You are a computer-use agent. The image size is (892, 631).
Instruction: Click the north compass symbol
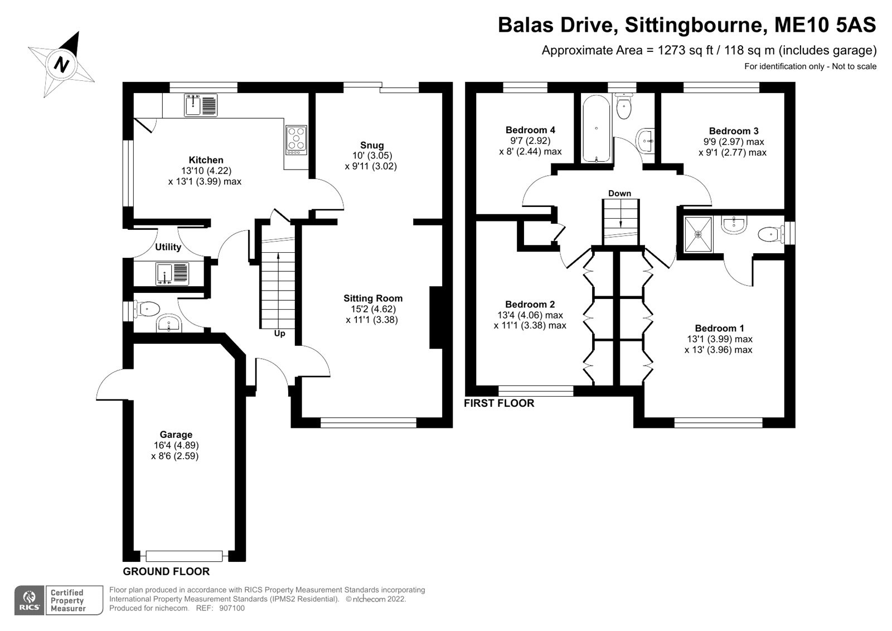tap(61, 65)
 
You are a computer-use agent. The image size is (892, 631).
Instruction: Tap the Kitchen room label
tap(206, 160)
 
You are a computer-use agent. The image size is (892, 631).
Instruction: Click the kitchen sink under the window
tap(201, 105)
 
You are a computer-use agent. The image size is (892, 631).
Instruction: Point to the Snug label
tap(371, 145)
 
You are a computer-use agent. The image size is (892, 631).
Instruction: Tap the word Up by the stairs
tap(279, 334)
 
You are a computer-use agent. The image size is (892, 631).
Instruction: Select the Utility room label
tap(168, 247)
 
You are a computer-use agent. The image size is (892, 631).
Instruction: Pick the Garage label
tap(176, 435)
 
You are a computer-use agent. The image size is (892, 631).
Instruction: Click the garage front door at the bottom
tap(184, 556)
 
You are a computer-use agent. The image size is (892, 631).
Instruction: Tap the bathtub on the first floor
tap(597, 128)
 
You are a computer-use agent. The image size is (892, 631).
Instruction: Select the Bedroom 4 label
tap(530, 130)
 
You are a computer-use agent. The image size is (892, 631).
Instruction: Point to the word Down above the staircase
tap(619, 194)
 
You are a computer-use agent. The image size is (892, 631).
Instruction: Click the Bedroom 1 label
tap(719, 328)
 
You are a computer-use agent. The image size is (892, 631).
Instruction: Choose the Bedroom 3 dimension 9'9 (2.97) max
tap(733, 142)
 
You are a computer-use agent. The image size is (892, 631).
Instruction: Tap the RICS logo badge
tap(29, 600)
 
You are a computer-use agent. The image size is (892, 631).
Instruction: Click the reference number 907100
tap(232, 609)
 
